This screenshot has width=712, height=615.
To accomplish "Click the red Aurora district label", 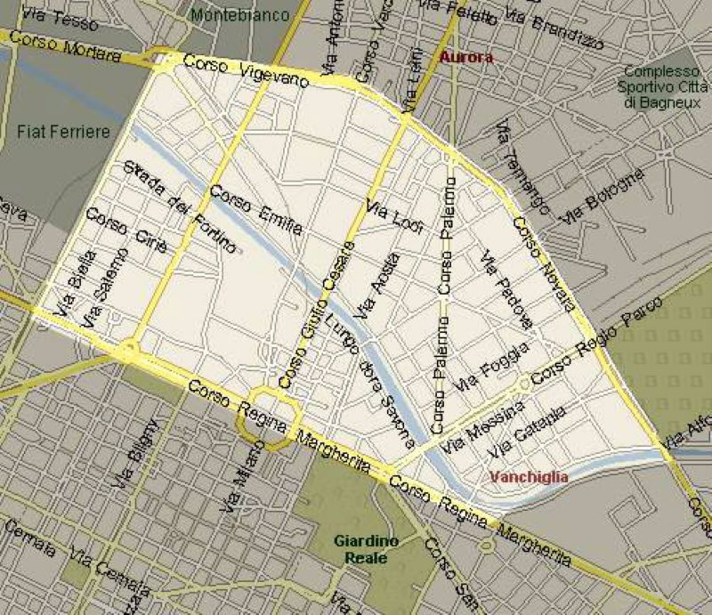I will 465,57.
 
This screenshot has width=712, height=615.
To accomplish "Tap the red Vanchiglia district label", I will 529,476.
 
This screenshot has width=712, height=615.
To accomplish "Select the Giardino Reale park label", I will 360,549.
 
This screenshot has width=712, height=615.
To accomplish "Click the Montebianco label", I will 240,15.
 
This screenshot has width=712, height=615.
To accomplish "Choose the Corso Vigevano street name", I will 245,71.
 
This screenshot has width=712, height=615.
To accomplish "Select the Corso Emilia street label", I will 255,210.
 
